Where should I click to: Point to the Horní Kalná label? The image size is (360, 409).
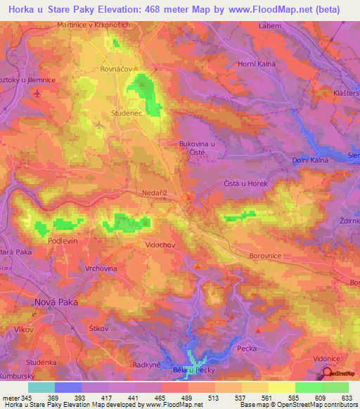click(x=276, y=65)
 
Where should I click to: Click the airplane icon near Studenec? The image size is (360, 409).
click(x=99, y=126)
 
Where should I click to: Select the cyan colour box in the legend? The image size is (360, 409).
click(x=41, y=387)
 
